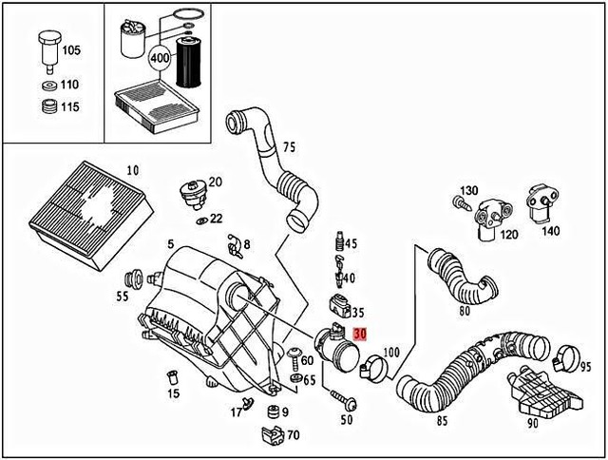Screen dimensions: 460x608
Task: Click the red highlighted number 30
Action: (359, 334)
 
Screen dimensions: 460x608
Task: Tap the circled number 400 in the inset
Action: (162, 57)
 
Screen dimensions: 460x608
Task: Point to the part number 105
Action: (70, 48)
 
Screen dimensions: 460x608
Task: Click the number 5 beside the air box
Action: (170, 244)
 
